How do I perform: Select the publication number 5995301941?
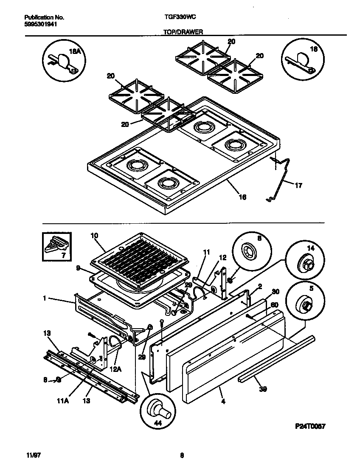click(40, 24)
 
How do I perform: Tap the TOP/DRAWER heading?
click(183, 32)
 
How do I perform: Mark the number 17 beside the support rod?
click(298, 185)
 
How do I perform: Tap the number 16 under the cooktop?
click(242, 197)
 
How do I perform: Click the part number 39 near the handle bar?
click(263, 388)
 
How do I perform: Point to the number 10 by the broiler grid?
click(94, 235)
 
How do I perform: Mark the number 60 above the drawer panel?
click(275, 304)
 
